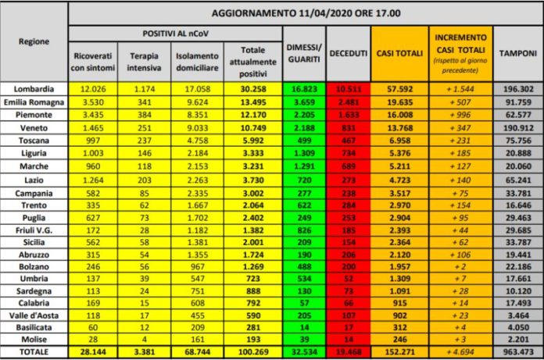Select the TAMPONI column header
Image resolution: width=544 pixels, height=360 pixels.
click(x=519, y=53)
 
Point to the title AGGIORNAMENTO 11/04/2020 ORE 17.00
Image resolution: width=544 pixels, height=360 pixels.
click(x=305, y=13)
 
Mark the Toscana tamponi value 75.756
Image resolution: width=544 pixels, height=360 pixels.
click(x=519, y=139)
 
